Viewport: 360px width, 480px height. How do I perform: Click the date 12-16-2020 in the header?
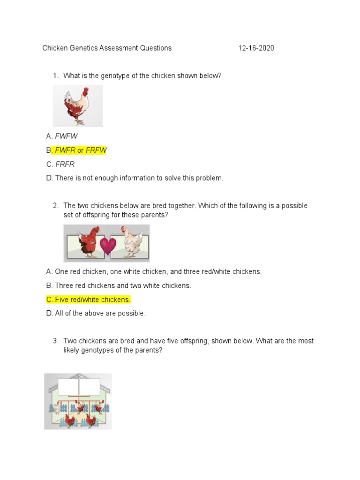pos(256,48)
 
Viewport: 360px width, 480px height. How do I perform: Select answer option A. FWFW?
pos(62,136)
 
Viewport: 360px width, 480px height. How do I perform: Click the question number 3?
pos(55,341)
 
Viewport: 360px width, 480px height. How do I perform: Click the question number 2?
pos(55,206)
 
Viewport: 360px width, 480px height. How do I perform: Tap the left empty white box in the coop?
pos(68,387)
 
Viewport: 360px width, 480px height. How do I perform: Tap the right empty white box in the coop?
pos(90,387)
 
